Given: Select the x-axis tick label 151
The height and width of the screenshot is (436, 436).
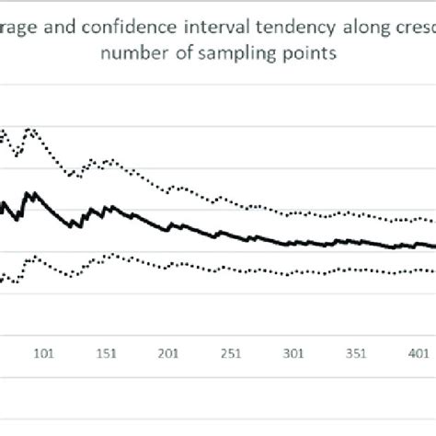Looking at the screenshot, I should click(106, 354).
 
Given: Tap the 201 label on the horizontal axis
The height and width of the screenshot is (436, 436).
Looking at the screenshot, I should click(168, 354).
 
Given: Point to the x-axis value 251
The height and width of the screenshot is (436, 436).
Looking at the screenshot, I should click(231, 354).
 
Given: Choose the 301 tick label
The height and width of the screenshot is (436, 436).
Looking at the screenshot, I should click(294, 354).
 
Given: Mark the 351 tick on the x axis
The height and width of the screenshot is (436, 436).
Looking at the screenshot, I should click(357, 354).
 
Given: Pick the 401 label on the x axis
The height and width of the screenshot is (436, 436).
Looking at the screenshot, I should click(419, 354).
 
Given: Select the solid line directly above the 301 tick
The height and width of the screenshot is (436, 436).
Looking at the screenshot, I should click(294, 244).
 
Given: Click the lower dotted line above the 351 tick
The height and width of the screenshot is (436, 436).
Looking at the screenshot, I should click(357, 270).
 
